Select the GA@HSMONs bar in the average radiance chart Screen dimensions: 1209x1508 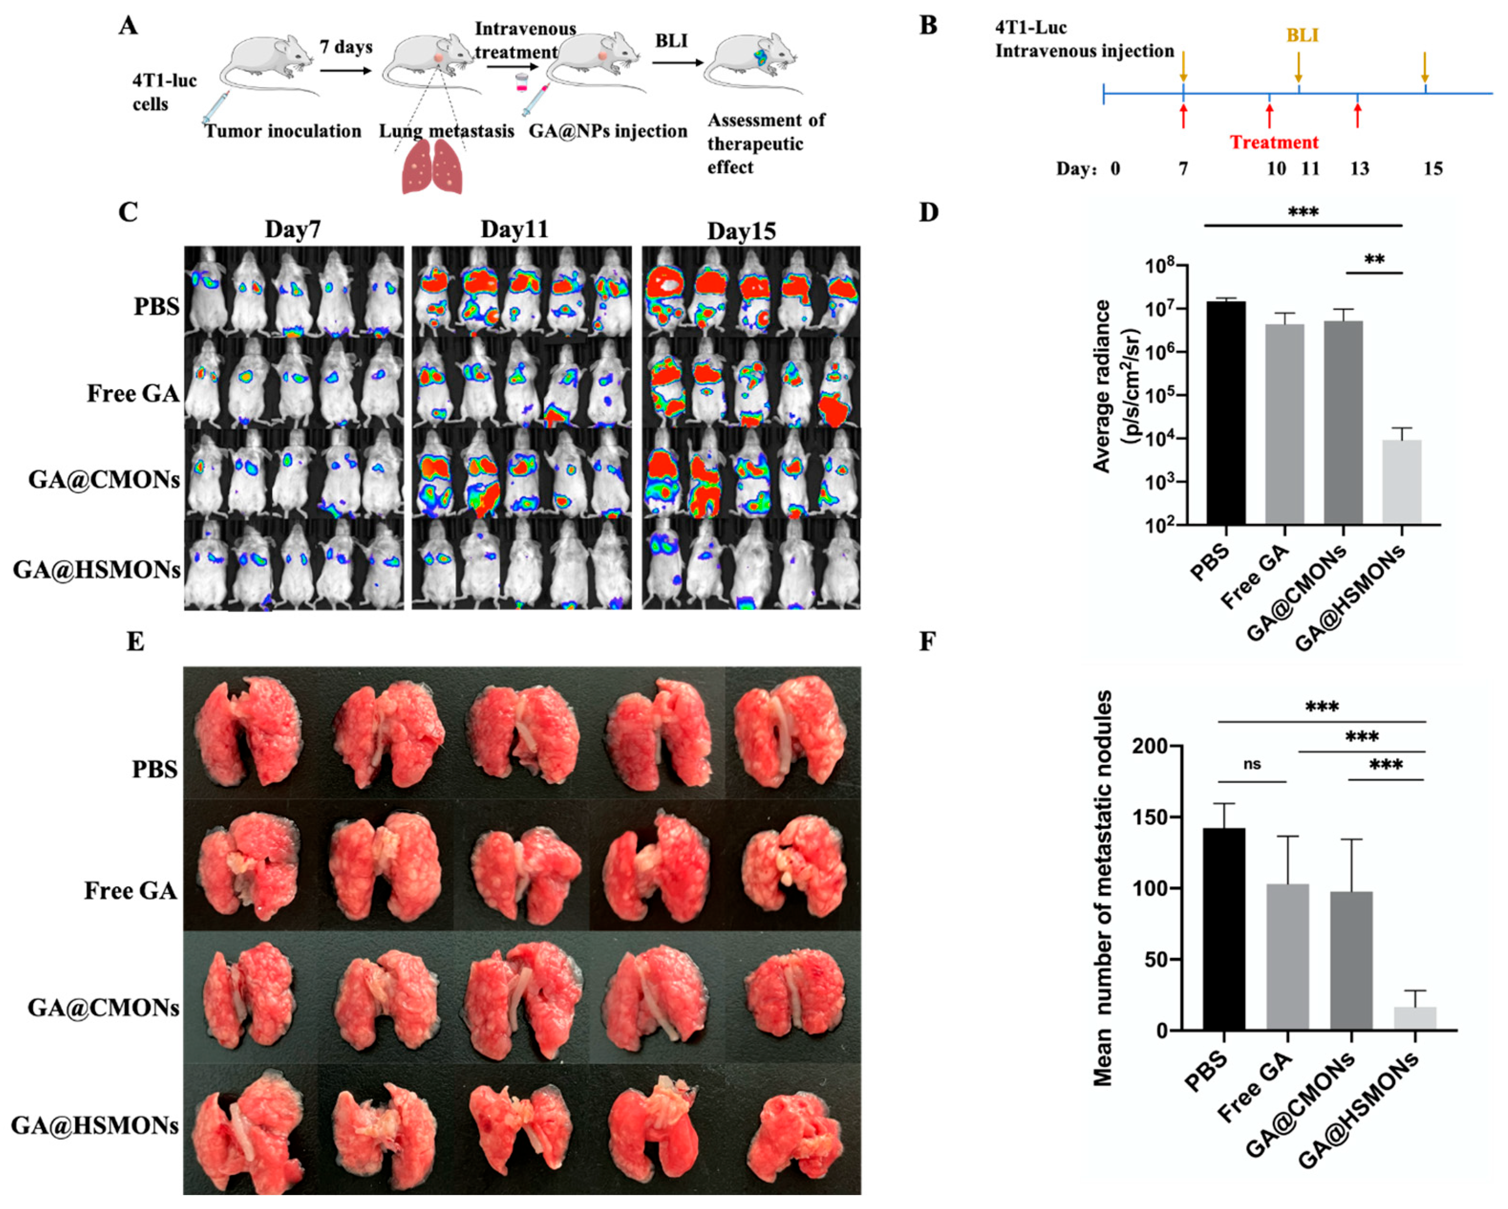coord(1402,482)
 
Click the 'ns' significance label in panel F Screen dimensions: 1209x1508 coord(1252,764)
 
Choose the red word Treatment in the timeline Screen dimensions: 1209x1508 coord(1274,143)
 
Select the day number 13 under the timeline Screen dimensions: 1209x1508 coord(1359,169)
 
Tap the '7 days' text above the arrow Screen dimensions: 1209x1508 coord(346,47)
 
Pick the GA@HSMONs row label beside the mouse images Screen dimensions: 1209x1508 coord(96,570)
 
